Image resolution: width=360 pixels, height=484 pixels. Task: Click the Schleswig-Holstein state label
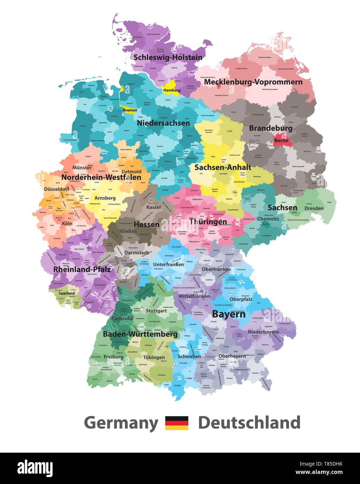(168, 57)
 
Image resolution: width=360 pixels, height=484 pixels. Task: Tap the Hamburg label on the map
(172, 90)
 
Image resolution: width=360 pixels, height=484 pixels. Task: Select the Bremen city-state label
(130, 110)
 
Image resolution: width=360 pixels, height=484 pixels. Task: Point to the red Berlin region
(281, 140)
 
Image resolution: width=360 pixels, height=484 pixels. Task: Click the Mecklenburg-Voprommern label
(253, 82)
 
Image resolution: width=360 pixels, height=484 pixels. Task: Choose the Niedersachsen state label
(163, 123)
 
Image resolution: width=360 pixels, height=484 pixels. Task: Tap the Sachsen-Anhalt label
(223, 167)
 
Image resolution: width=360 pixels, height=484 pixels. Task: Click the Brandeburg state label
(271, 128)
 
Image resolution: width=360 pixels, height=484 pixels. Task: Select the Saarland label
(66, 293)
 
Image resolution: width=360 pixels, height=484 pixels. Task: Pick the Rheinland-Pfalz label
(82, 270)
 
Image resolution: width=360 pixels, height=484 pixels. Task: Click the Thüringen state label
(208, 222)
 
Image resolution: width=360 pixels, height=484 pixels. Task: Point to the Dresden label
(314, 208)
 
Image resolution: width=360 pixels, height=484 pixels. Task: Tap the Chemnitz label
(268, 219)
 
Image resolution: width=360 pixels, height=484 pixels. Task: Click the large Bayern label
(228, 314)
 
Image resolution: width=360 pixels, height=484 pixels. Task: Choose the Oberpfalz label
(241, 299)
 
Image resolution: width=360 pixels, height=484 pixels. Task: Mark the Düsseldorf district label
(57, 189)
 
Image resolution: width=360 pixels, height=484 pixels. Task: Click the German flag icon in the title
(177, 423)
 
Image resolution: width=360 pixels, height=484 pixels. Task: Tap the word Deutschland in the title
(249, 423)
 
